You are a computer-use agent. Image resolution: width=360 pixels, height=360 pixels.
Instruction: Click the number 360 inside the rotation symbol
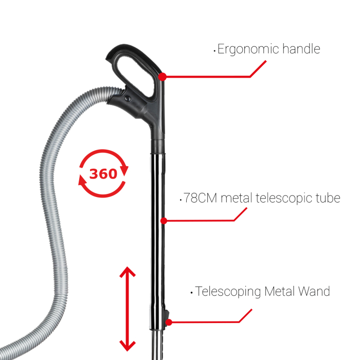click(103, 174)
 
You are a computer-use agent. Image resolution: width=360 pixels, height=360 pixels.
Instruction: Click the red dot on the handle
click(163, 77)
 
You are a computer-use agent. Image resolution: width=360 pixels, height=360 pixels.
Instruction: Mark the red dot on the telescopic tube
click(164, 221)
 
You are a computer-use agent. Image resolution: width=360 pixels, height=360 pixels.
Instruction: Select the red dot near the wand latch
click(169, 322)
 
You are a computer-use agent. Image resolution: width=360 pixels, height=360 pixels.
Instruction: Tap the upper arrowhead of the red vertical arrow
click(127, 273)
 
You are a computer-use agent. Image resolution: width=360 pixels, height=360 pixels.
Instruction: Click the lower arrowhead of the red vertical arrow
click(127, 345)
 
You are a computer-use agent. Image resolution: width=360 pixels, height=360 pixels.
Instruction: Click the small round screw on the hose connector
click(127, 96)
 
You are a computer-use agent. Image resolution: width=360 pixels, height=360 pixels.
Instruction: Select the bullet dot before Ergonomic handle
click(214, 51)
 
